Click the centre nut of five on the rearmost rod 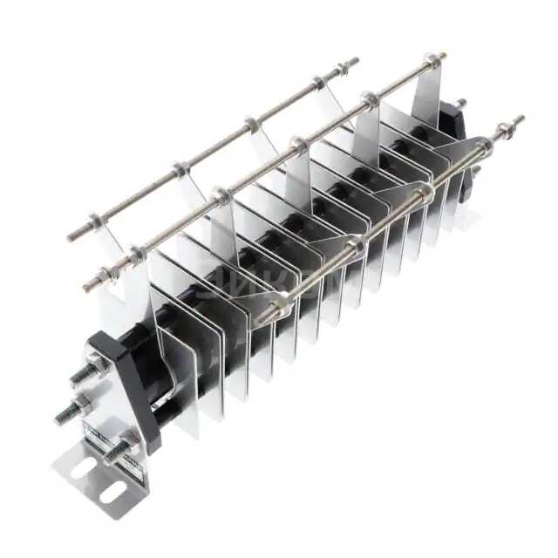(x=251, y=123)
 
